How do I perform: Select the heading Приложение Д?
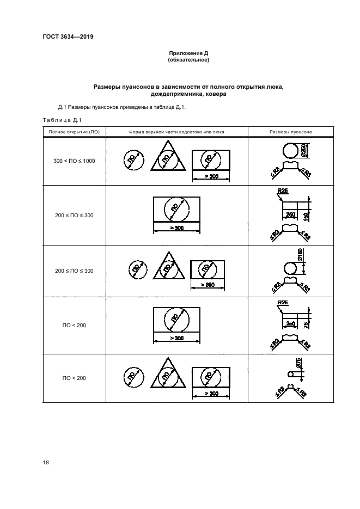click(x=188, y=53)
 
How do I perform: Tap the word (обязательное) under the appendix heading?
click(x=188, y=60)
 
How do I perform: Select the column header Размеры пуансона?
click(x=291, y=132)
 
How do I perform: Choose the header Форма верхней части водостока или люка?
click(x=176, y=132)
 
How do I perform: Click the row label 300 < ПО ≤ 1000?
click(x=74, y=161)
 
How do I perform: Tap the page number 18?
click(x=46, y=462)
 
